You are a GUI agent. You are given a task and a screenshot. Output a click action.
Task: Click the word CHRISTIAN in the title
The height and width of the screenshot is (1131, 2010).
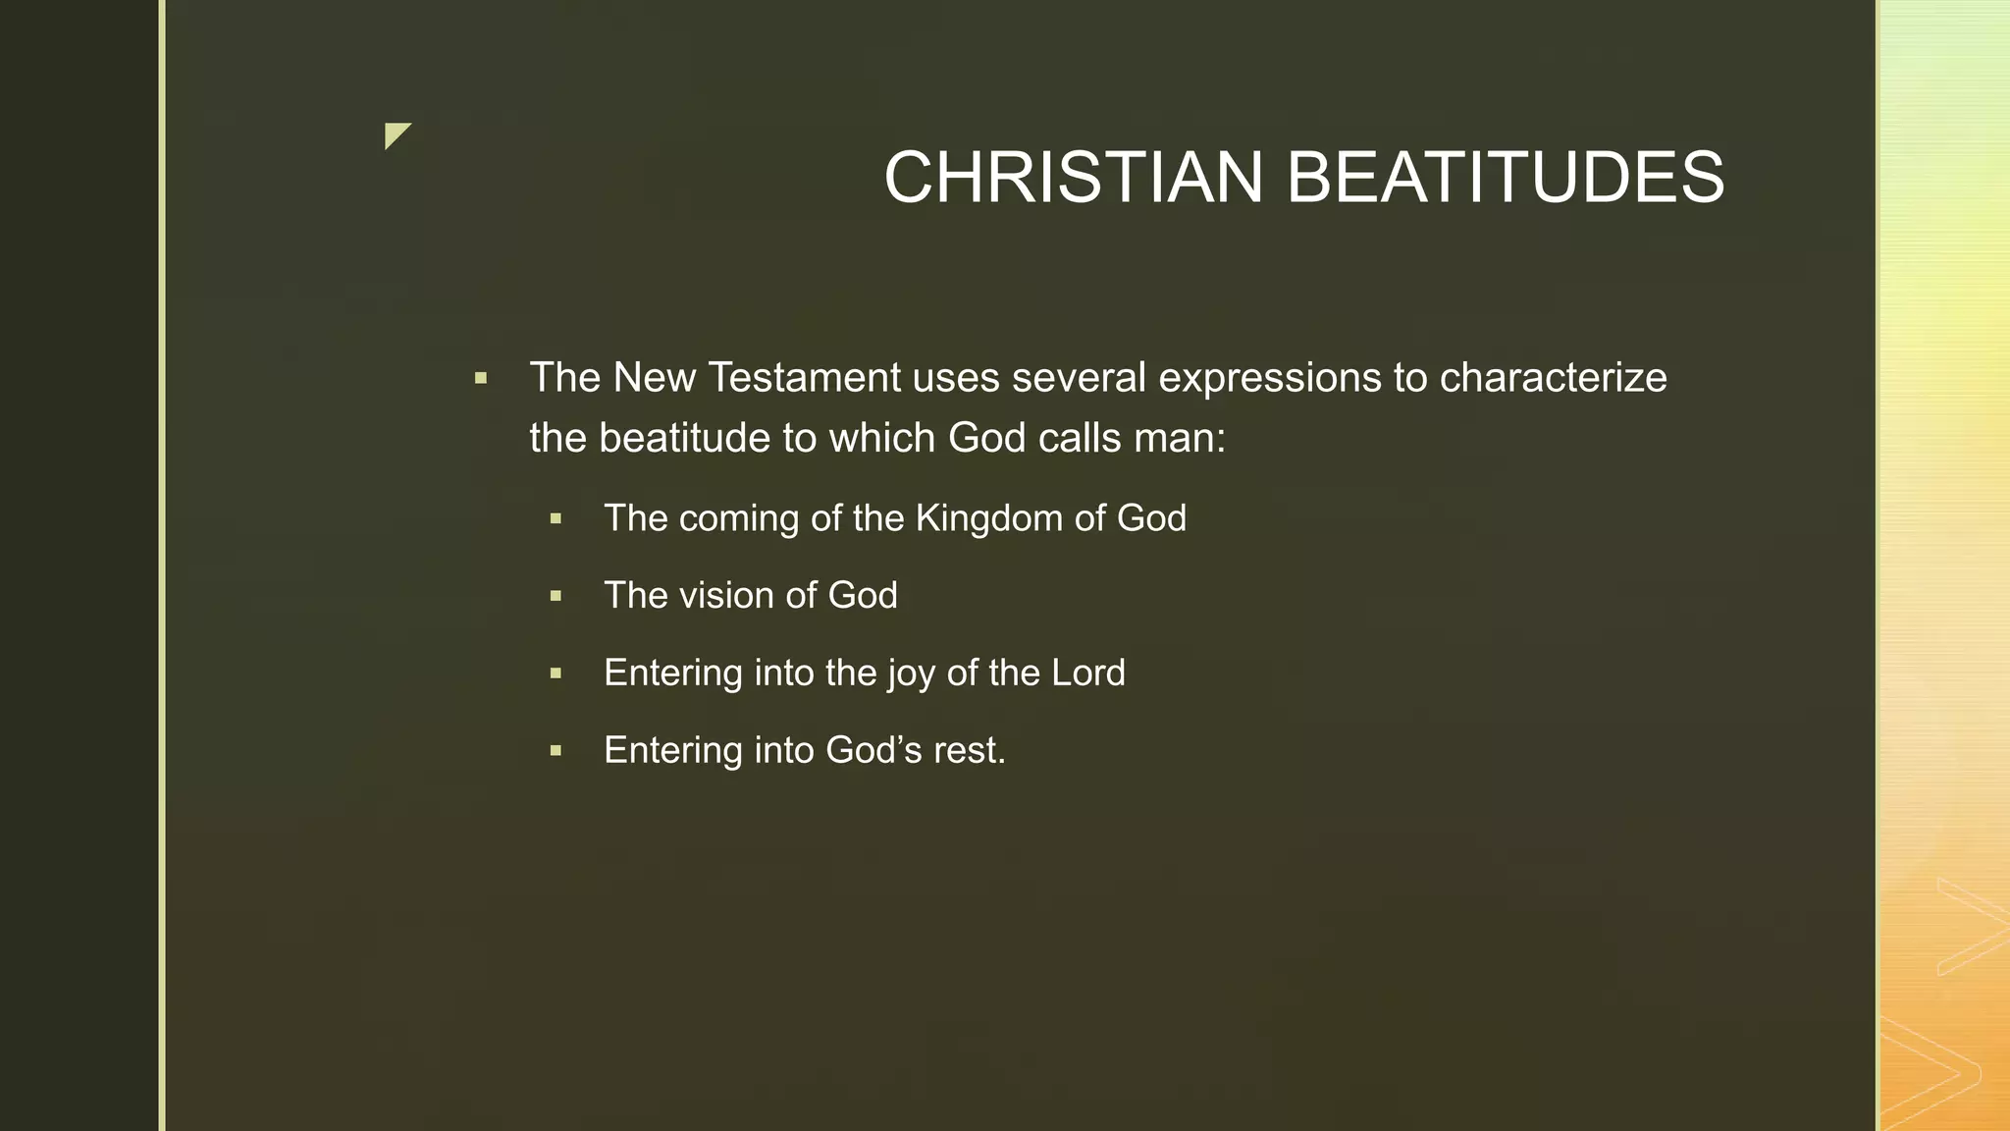(1074, 178)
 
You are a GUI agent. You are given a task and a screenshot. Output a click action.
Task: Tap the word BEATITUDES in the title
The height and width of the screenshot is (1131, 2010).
(1505, 178)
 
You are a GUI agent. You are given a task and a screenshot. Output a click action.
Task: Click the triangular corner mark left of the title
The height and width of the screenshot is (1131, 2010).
(396, 135)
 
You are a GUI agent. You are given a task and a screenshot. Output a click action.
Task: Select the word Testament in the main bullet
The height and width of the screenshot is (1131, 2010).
(805, 378)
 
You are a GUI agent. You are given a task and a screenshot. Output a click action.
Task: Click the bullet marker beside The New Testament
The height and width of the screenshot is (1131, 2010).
(481, 378)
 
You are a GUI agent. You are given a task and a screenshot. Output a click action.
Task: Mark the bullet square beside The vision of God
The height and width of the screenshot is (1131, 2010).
(555, 596)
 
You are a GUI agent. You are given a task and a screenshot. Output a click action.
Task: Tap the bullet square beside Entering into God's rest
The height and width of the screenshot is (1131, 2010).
(555, 751)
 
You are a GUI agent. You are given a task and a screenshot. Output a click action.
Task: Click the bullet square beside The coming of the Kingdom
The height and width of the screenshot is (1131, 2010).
(555, 518)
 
